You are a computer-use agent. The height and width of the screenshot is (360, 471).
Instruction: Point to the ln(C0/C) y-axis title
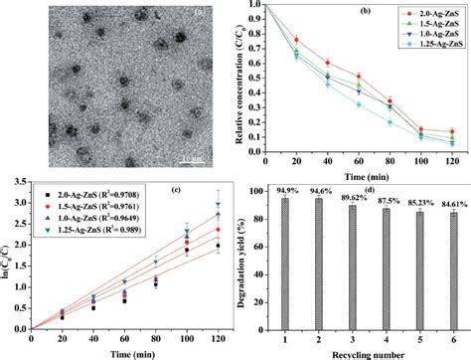[8, 261]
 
